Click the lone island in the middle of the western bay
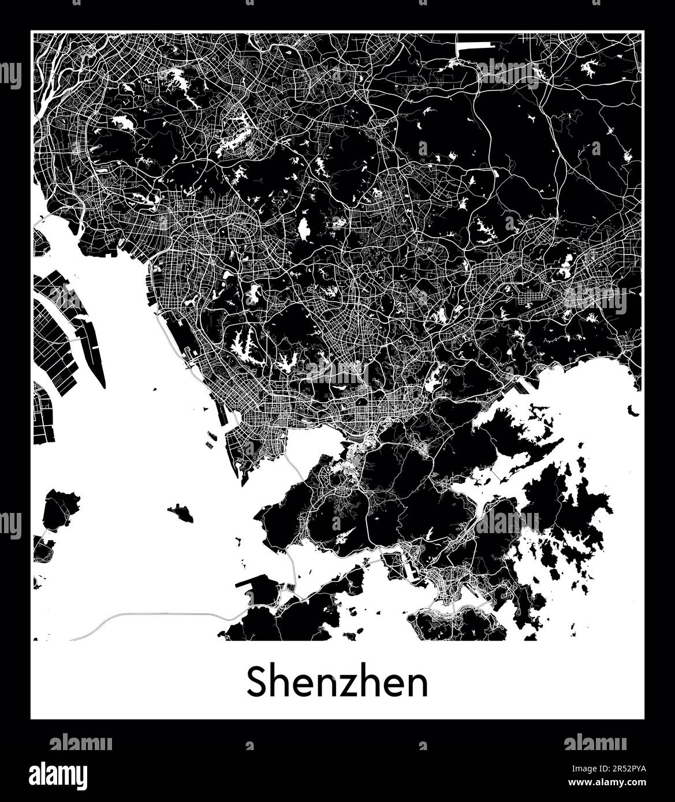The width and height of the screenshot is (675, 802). tap(181, 512)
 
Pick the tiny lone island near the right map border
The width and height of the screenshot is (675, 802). tap(634, 411)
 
